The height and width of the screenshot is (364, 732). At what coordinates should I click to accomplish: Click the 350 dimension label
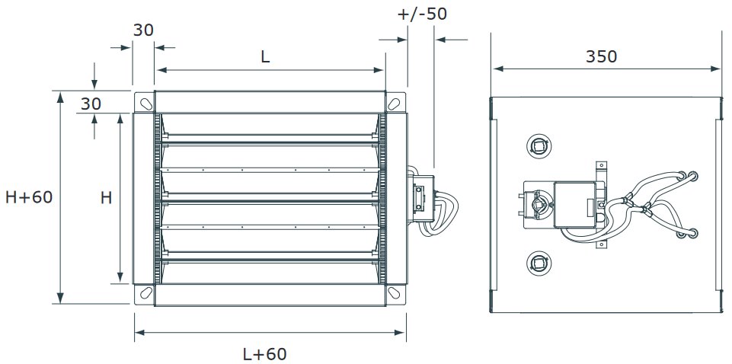(x=601, y=56)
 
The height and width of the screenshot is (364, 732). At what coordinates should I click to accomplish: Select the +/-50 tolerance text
(x=422, y=14)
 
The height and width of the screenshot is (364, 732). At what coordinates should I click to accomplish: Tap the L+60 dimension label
(x=264, y=354)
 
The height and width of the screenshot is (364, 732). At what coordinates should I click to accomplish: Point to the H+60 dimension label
(x=29, y=197)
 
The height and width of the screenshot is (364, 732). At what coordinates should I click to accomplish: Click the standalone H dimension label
(x=107, y=198)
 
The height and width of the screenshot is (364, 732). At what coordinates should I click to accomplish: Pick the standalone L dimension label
(x=265, y=57)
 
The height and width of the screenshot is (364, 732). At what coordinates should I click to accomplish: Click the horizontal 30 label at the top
(x=143, y=30)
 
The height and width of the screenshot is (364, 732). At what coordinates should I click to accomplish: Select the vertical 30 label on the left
(x=91, y=104)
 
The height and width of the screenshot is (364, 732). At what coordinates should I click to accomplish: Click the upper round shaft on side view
(x=539, y=146)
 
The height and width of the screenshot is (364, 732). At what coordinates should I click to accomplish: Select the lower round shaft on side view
(x=539, y=263)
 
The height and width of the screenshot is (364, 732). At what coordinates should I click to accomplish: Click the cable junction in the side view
(x=637, y=204)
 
